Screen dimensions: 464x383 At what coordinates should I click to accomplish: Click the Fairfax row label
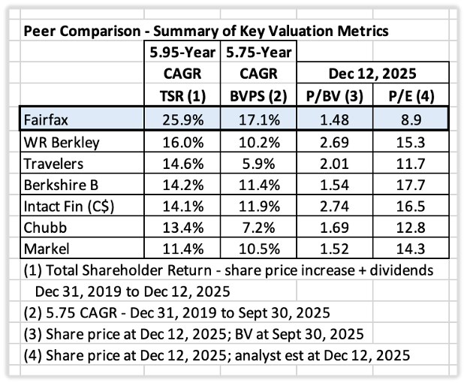[x=46, y=120]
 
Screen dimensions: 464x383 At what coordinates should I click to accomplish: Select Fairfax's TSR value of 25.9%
[x=183, y=120]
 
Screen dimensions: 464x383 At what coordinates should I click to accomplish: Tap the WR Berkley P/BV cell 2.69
[x=334, y=143]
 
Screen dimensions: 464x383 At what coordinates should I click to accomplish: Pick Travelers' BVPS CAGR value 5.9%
[x=258, y=164]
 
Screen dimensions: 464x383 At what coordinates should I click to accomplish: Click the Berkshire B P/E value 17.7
[x=411, y=185]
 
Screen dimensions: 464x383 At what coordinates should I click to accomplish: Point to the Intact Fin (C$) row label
[x=69, y=207]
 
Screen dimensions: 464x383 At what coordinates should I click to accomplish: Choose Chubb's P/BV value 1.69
[x=334, y=228]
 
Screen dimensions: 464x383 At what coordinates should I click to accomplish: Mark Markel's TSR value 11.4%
[x=183, y=249]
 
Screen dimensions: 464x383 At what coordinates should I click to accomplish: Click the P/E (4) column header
[x=411, y=96]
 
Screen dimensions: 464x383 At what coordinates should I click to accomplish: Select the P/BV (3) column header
[x=334, y=96]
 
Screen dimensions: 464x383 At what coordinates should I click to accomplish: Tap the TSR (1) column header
[x=182, y=96]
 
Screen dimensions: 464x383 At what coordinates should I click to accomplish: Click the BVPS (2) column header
[x=258, y=96]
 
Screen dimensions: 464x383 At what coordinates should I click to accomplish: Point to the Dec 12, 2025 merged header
[x=372, y=74]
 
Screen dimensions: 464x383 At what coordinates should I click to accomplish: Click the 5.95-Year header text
[x=182, y=53]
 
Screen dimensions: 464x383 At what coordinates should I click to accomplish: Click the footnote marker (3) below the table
[x=33, y=334]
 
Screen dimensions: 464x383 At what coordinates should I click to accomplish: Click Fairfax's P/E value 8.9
[x=411, y=120]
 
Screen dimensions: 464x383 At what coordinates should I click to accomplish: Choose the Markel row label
[x=47, y=249]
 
